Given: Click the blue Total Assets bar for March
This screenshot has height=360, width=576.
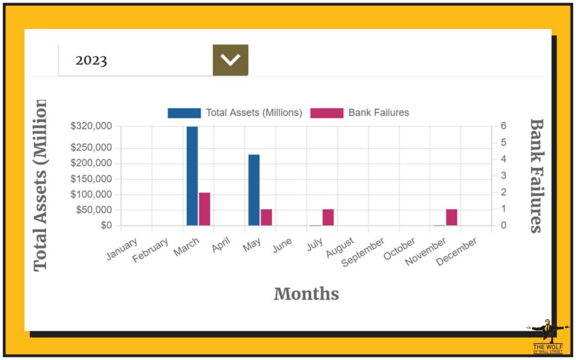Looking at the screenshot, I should tap(192, 175).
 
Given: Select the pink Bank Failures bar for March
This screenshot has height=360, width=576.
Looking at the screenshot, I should tap(204, 209).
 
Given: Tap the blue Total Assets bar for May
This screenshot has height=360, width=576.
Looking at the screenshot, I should tap(254, 190).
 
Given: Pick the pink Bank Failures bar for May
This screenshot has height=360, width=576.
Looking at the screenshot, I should tap(266, 217).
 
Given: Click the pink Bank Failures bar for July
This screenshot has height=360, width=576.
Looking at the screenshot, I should tap(328, 217).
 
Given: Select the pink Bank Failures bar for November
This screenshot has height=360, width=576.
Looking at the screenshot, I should tap(452, 217).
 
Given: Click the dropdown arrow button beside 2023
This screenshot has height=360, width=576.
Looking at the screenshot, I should tap(230, 60).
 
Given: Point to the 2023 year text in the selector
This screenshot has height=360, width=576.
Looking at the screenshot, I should tap(91, 60).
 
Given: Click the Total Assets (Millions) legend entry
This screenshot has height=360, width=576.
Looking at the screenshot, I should tap(235, 112).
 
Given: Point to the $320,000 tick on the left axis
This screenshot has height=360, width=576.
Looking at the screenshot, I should tap(91, 126).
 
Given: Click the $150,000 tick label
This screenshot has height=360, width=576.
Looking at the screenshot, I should tap(91, 179).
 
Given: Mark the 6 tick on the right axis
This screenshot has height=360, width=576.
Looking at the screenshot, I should tap(504, 126).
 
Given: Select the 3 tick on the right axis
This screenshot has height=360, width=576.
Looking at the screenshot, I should tap(504, 175).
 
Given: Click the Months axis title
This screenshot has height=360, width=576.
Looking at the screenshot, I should tap(306, 294).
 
